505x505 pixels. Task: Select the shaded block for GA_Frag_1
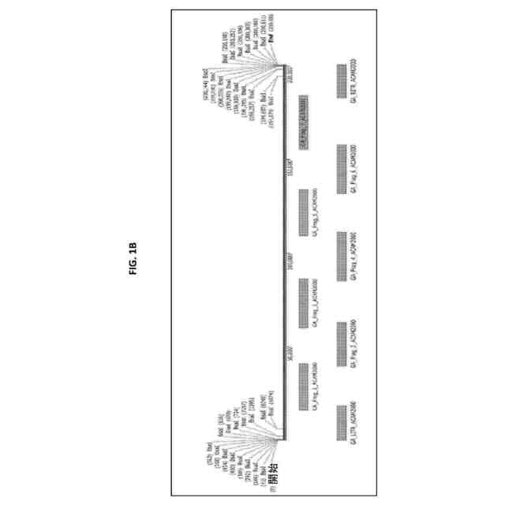tap(304, 388)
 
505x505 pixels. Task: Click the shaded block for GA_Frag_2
tap(342, 341)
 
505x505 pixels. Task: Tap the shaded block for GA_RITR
tap(342, 82)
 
